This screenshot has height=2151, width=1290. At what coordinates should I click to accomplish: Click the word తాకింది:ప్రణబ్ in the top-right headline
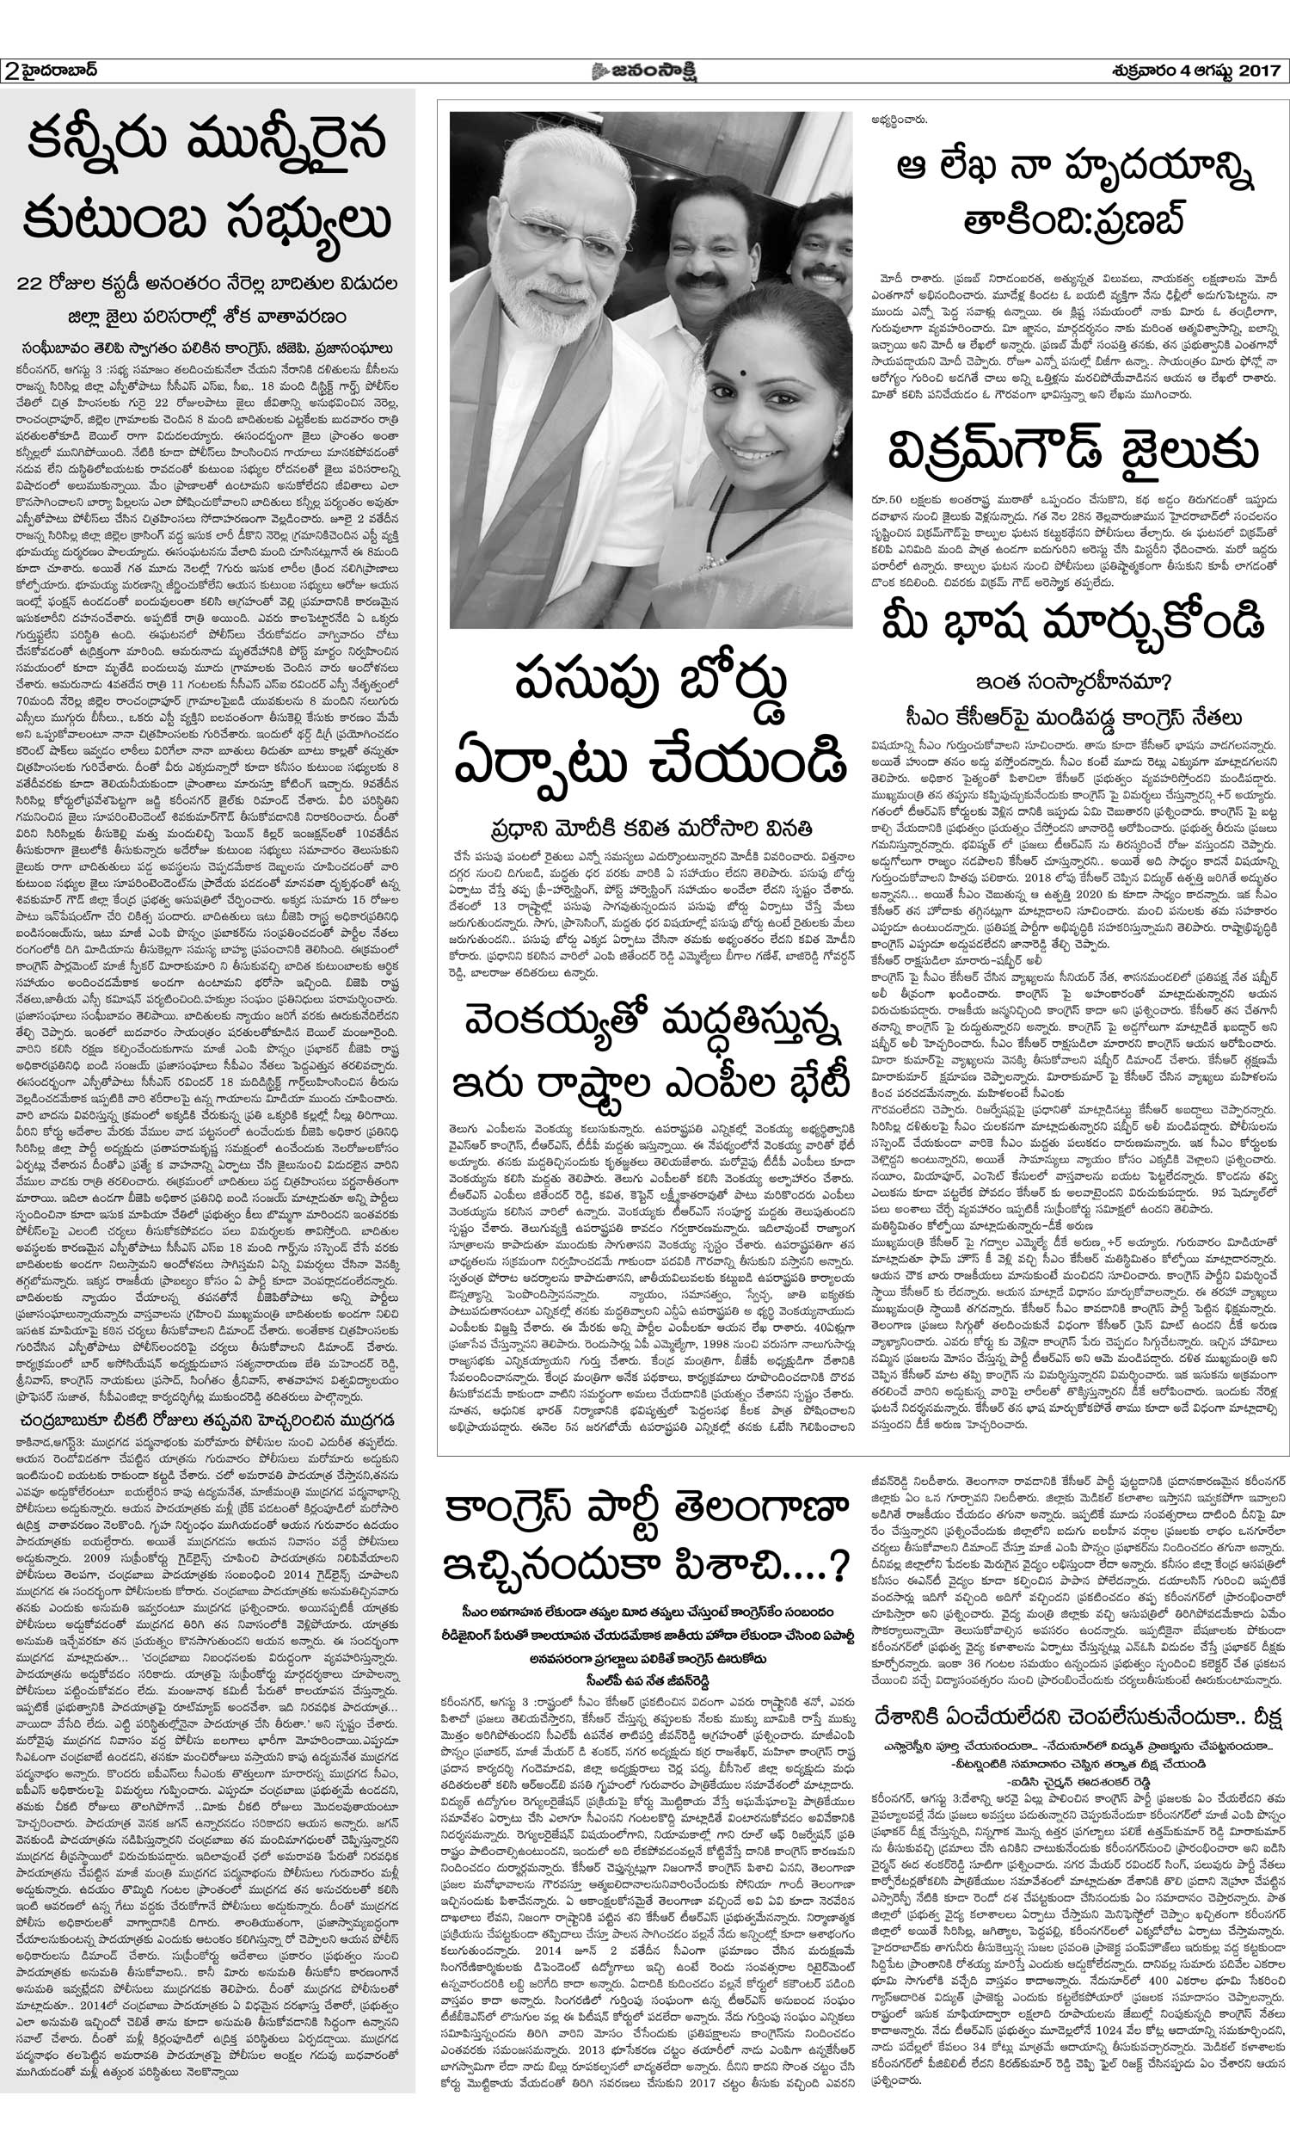coord(1072,224)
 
